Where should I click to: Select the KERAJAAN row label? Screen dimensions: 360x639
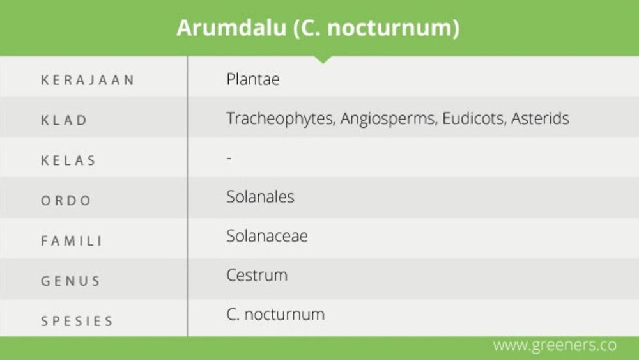point(88,81)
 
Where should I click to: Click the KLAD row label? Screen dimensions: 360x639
point(64,121)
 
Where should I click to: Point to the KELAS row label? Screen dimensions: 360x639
point(68,160)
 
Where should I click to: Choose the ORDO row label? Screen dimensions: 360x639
point(66,201)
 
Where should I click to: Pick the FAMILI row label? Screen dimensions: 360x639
point(72,241)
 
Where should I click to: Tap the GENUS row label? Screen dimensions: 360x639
point(70,281)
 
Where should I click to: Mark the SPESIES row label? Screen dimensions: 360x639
point(77,321)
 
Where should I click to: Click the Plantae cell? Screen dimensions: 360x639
point(253,79)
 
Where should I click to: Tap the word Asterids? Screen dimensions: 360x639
point(540,118)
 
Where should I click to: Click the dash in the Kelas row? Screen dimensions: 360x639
point(229,157)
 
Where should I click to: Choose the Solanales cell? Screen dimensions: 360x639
point(260,197)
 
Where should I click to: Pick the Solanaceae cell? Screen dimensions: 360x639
point(267,236)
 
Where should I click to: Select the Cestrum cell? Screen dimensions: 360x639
point(257,276)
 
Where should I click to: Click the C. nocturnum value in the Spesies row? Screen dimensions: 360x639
point(275,315)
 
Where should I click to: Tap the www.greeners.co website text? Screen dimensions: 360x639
point(555,345)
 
